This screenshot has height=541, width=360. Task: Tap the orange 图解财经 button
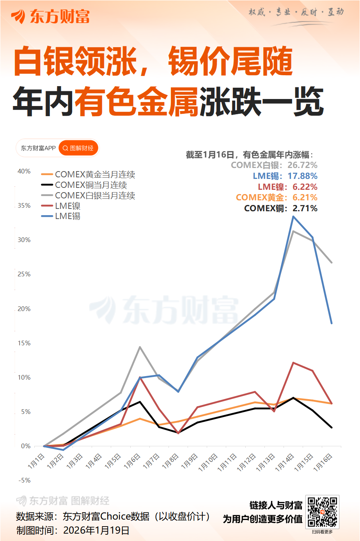click(78, 148)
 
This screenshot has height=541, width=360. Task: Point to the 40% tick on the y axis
click(24, 171)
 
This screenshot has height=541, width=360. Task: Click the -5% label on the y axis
click(24, 480)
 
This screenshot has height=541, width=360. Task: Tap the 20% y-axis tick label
click(24, 309)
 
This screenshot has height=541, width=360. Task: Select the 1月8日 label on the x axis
click(170, 461)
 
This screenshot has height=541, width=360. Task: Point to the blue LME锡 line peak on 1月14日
click(293, 216)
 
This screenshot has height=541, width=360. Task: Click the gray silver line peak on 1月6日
click(140, 347)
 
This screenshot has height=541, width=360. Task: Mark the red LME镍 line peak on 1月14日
click(293, 362)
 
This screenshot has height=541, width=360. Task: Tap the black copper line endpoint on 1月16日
click(332, 428)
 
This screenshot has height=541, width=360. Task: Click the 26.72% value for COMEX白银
click(302, 165)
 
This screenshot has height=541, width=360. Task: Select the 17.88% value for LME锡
click(302, 176)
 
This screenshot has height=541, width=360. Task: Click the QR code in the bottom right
click(322, 511)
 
